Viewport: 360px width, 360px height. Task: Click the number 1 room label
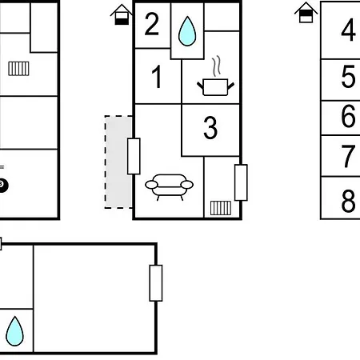[x=157, y=77]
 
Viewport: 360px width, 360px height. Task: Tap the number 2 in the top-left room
[x=152, y=24]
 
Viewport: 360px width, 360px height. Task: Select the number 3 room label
[x=210, y=128]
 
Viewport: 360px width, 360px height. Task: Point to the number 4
[x=348, y=30]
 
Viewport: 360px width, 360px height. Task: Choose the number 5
[x=348, y=77]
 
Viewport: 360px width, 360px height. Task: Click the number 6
[x=348, y=116]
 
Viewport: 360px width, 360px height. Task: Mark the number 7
[x=348, y=156]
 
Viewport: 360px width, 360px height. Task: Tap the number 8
[x=348, y=201]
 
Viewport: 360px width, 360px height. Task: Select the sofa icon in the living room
[x=169, y=187]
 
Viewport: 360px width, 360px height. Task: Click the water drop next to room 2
[x=187, y=31]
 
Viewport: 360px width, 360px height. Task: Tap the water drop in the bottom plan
[x=14, y=331]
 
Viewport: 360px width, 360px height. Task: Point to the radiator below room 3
[x=221, y=208]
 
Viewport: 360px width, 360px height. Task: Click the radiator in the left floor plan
[x=18, y=69]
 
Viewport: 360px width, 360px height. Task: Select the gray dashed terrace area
[x=118, y=162]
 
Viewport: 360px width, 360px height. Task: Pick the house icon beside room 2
[x=122, y=14]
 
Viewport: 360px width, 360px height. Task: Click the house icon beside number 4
[x=306, y=12]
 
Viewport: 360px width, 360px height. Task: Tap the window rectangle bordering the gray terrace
[x=134, y=156]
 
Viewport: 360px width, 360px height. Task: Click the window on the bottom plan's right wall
[x=156, y=283]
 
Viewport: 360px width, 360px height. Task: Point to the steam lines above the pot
[x=217, y=66]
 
